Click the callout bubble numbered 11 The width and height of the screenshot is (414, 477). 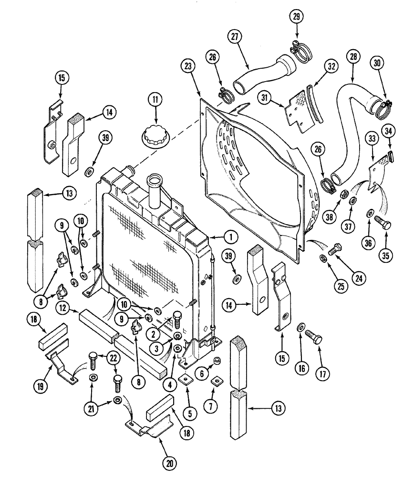(154, 100)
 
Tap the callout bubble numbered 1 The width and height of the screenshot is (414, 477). (230, 236)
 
